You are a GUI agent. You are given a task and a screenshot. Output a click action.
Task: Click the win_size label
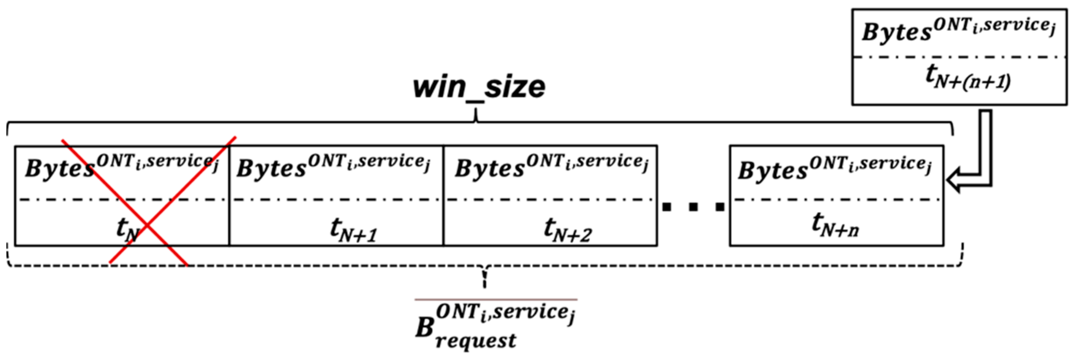(479, 87)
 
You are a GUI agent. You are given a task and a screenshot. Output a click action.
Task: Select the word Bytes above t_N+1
(271, 169)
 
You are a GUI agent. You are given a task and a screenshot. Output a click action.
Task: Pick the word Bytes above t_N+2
(489, 169)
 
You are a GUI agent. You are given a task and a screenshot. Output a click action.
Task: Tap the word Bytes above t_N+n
(772, 171)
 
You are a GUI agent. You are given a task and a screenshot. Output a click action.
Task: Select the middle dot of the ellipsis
(693, 206)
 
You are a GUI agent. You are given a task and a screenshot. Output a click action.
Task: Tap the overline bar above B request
(496, 299)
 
